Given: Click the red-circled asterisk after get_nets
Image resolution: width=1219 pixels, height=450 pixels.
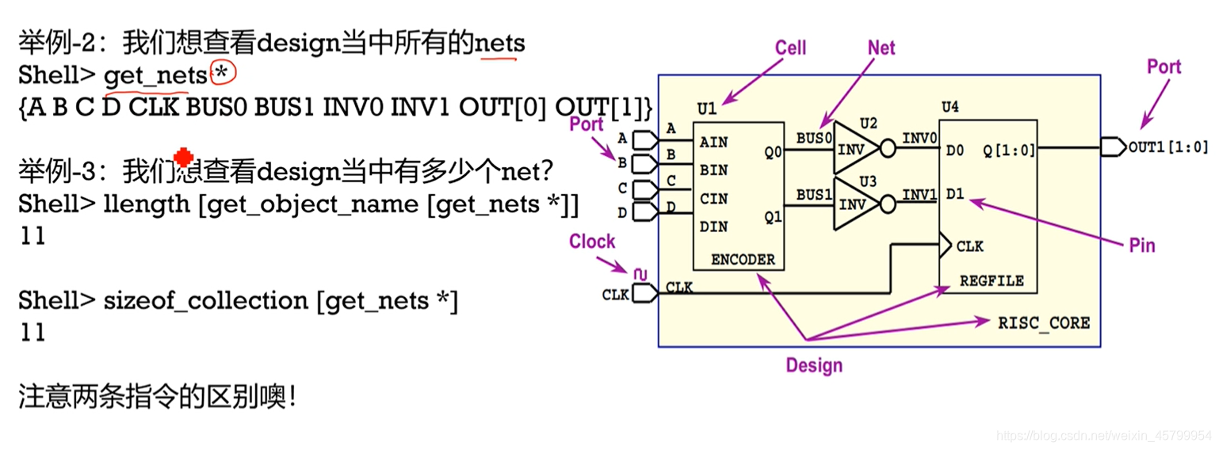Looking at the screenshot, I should click(x=224, y=74).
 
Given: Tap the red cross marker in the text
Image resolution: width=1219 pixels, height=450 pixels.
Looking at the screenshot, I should click(x=183, y=158).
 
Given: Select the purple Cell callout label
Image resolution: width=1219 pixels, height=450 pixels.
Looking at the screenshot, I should click(x=790, y=48).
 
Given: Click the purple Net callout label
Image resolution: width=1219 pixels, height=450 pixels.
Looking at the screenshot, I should click(x=881, y=48).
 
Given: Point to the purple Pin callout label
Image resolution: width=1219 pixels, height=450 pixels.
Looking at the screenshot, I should click(x=1141, y=246).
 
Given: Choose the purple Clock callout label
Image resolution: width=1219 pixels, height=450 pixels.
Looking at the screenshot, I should click(x=591, y=242).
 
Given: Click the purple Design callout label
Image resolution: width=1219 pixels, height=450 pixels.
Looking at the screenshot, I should click(x=814, y=365).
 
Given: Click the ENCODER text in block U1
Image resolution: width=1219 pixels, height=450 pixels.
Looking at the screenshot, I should click(x=743, y=259).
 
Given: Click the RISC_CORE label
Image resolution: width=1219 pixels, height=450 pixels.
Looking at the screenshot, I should click(x=1044, y=323).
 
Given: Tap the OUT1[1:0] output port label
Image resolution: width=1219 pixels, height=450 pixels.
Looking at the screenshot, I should click(x=1168, y=147).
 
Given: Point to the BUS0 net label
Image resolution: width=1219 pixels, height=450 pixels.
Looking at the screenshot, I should click(x=814, y=138).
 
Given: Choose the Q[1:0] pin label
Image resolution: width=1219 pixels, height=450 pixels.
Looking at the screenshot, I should click(x=1009, y=149).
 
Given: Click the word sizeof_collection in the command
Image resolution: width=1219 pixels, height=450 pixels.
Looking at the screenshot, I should click(x=206, y=300).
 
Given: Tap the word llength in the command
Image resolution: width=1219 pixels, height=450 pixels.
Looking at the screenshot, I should click(x=147, y=204).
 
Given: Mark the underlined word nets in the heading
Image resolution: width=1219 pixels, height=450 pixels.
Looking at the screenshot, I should click(x=499, y=42).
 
